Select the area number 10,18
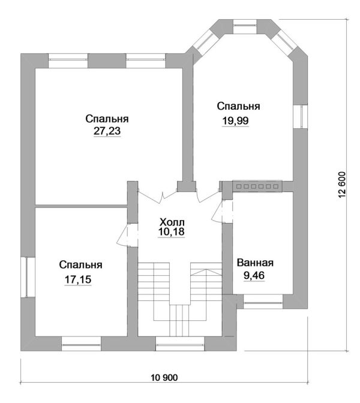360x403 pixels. coord(172,231)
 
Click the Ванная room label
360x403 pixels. coord(255,263)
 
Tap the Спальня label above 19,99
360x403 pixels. coord(238,106)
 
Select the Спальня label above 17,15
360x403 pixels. coord(80,264)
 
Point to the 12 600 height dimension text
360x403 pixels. coord(343,185)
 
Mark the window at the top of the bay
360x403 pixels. coord(243,27)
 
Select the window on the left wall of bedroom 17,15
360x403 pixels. coord(27,276)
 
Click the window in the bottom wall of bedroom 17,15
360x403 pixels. coord(80,344)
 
